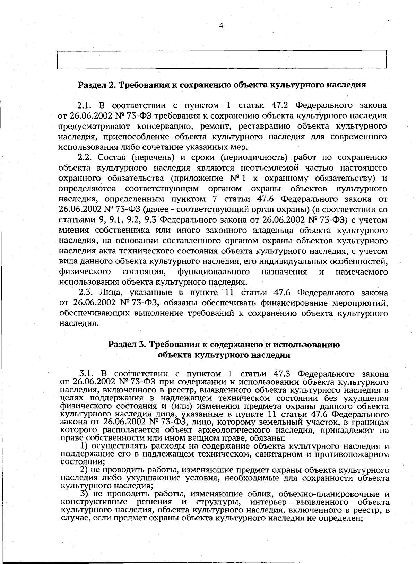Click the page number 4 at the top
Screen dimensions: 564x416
221,26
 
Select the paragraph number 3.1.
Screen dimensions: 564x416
87,374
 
